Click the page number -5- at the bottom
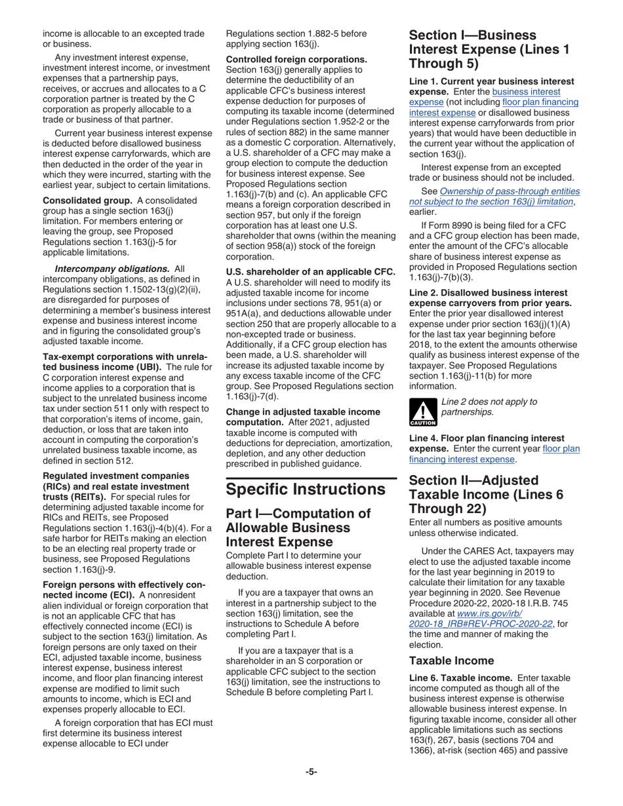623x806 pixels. [311, 772]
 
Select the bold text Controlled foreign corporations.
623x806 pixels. [296, 59]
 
